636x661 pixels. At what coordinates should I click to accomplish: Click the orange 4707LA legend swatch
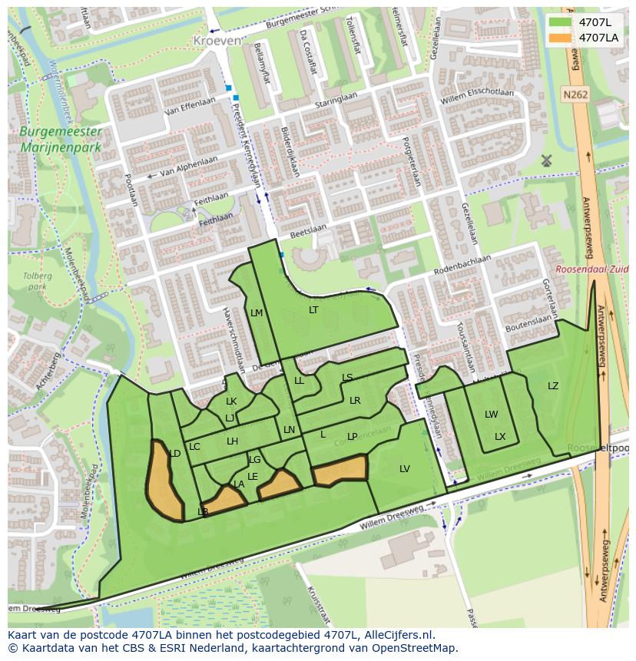tap(560, 38)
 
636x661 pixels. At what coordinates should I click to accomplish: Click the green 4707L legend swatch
tap(560, 21)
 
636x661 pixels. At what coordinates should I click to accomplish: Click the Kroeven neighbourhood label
tap(217, 40)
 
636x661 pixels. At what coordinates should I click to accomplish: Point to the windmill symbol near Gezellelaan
tap(546, 160)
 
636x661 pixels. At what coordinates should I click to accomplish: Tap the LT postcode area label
tap(313, 310)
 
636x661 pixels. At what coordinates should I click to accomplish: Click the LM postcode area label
tap(257, 312)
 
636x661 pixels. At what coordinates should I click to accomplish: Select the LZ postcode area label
tap(553, 386)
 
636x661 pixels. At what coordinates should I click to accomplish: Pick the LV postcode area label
tap(405, 469)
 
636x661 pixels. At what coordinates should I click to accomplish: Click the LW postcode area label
tap(491, 415)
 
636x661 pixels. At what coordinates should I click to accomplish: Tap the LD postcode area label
tap(174, 454)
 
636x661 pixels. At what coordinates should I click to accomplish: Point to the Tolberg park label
tap(36, 282)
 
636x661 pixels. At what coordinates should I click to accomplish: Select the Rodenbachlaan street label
tap(462, 264)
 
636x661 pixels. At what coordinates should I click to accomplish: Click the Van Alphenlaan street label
tap(187, 167)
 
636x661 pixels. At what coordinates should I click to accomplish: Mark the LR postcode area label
tap(355, 401)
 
